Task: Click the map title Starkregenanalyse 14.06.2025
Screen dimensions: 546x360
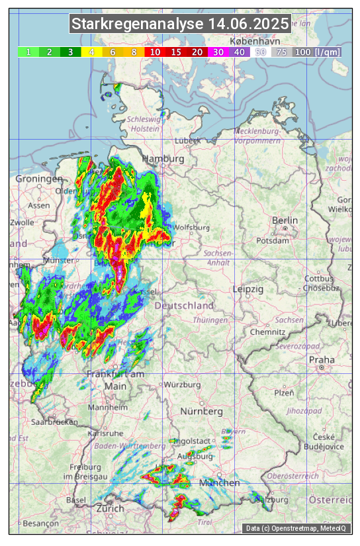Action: (x=180, y=24)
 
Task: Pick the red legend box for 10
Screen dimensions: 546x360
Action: (x=155, y=52)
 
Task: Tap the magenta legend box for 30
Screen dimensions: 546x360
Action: (x=218, y=52)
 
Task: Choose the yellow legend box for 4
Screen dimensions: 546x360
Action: (x=91, y=52)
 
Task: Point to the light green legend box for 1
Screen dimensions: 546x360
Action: (x=28, y=52)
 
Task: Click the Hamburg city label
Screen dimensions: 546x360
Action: (x=163, y=159)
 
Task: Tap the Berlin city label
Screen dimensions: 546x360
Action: (x=285, y=220)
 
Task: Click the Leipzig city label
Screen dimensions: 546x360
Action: (x=248, y=290)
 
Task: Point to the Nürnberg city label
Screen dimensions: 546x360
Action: (x=201, y=412)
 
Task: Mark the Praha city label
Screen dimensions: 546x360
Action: (x=322, y=360)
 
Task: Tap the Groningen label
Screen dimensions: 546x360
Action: (x=38, y=179)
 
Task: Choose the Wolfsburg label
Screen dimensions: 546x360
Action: (x=191, y=228)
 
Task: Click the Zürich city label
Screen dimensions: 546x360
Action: (x=110, y=508)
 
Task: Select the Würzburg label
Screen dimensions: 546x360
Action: (x=182, y=385)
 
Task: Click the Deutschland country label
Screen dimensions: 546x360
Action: (x=184, y=306)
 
